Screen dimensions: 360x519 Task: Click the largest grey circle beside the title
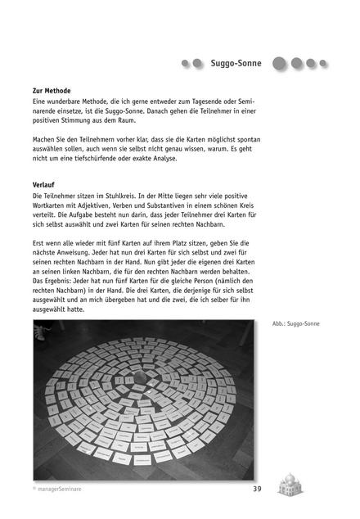[x=280, y=62]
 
